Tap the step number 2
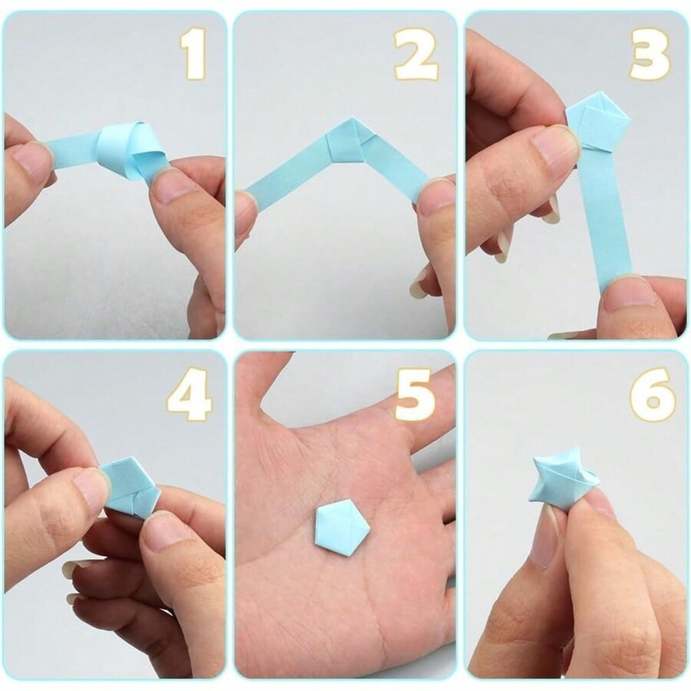pos(416,55)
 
